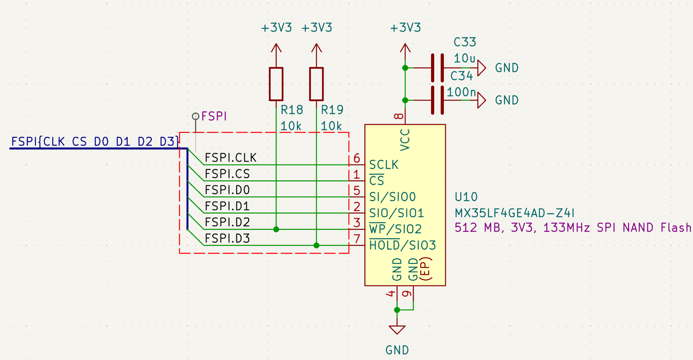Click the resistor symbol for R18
coord(276,84)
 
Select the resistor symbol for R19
coord(316,84)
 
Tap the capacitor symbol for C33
coord(437,68)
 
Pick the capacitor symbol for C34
coord(437,100)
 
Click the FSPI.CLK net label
coord(230,158)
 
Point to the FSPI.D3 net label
coord(227,238)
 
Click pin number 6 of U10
coord(357,158)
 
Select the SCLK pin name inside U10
coord(384,165)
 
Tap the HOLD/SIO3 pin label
coord(403,245)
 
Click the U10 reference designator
coord(466,197)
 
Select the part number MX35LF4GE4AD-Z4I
coord(515,213)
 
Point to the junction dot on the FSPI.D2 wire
coord(276,229)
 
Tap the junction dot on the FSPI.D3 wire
coord(316,245)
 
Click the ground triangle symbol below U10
coord(397,330)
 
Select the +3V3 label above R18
coord(277,28)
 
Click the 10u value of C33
coord(464,58)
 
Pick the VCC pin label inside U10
coord(405,140)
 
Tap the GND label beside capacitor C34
coord(507,100)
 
